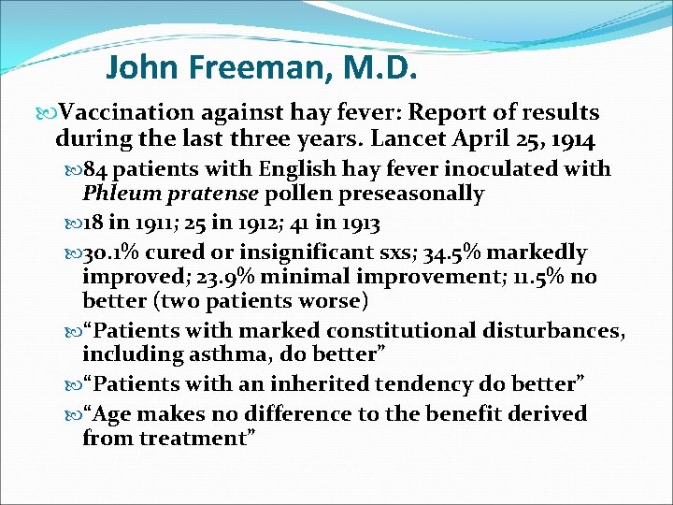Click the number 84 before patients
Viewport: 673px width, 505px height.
[x=97, y=169]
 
